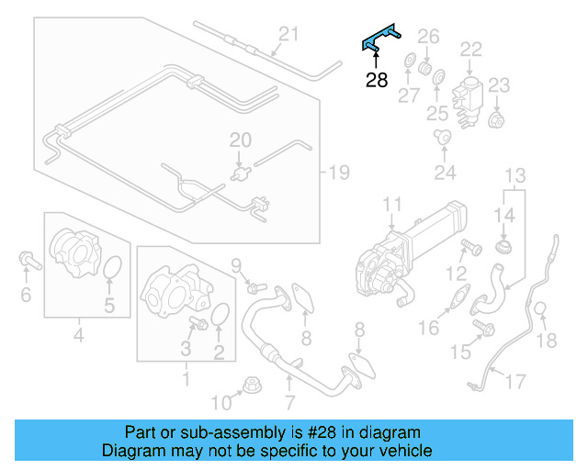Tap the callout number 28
[377, 81]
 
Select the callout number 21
[289, 35]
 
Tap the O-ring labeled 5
[111, 269]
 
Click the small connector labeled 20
[242, 171]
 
